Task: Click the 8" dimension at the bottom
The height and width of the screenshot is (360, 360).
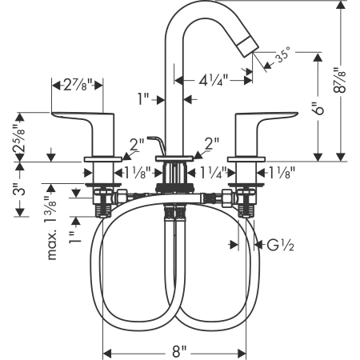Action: point(179,351)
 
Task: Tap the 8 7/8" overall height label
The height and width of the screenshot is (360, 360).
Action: point(340,80)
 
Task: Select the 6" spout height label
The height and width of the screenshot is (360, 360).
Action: point(318,108)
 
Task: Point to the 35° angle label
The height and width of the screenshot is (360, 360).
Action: point(282,55)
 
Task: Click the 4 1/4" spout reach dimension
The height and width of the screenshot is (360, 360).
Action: point(214,80)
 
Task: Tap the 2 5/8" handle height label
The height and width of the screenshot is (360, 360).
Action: point(19,138)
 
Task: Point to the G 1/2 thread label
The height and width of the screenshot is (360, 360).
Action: point(280,246)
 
